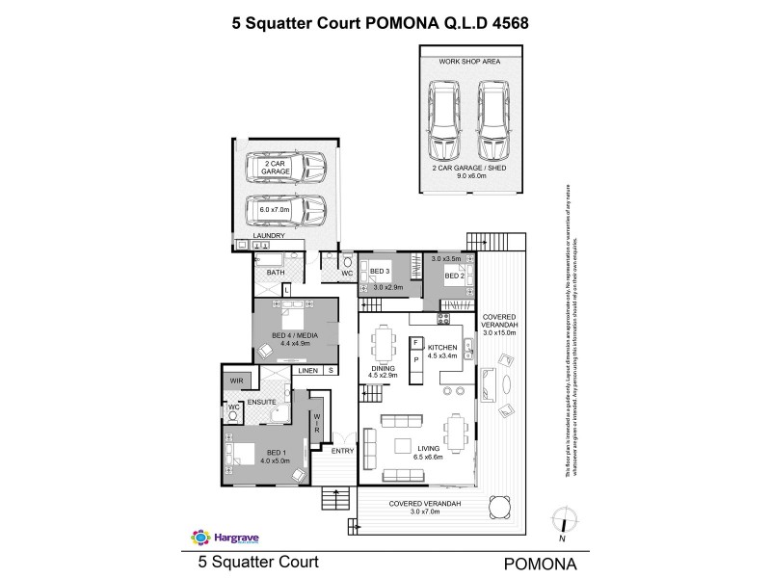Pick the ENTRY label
(342, 451)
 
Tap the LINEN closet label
(308, 370)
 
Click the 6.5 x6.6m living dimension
(430, 458)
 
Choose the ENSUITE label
(261, 401)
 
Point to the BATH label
(276, 273)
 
